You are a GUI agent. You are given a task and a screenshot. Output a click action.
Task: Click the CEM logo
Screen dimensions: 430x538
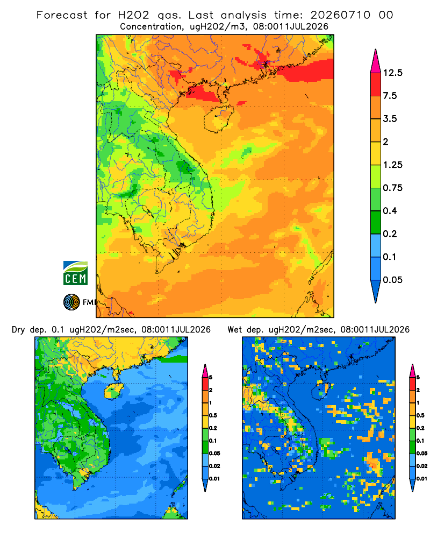point(75,273)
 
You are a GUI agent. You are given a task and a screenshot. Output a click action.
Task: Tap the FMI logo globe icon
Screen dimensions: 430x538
point(71,302)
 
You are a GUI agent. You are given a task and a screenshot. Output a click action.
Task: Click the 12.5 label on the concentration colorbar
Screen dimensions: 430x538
point(392,73)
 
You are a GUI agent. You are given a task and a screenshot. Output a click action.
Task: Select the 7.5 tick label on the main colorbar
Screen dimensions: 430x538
point(390,96)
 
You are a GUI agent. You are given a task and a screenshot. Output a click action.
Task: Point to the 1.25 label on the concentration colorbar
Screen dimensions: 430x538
point(392,165)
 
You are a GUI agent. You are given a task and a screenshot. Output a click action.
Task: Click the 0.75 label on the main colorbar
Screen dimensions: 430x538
point(392,188)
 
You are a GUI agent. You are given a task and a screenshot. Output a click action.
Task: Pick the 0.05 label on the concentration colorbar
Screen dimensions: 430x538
point(392,280)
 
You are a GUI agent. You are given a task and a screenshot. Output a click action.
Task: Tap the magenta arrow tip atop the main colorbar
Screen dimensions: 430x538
point(376,50)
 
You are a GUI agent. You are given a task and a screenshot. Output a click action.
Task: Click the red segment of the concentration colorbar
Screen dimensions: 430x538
point(376,84)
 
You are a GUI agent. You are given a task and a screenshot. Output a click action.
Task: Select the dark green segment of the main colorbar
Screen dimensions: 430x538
point(376,222)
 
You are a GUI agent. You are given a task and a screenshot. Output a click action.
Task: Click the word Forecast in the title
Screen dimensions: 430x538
point(62,15)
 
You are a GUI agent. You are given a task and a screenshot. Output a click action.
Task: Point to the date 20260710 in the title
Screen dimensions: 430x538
point(340,15)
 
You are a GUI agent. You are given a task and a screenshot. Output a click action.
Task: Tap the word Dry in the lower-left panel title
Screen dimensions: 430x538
point(18,330)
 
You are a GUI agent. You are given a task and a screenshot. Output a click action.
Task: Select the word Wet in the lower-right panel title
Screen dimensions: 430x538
point(235,330)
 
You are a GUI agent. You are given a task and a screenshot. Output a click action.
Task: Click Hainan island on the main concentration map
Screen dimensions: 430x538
point(218,118)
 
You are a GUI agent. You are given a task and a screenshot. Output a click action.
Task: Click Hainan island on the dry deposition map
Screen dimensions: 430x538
point(113,391)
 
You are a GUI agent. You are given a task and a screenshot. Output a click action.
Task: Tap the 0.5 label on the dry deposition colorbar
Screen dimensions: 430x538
point(213,415)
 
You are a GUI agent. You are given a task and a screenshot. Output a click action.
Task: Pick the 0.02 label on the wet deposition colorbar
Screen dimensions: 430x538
point(422,466)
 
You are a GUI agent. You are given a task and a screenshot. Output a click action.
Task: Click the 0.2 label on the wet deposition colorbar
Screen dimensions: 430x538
point(420,428)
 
